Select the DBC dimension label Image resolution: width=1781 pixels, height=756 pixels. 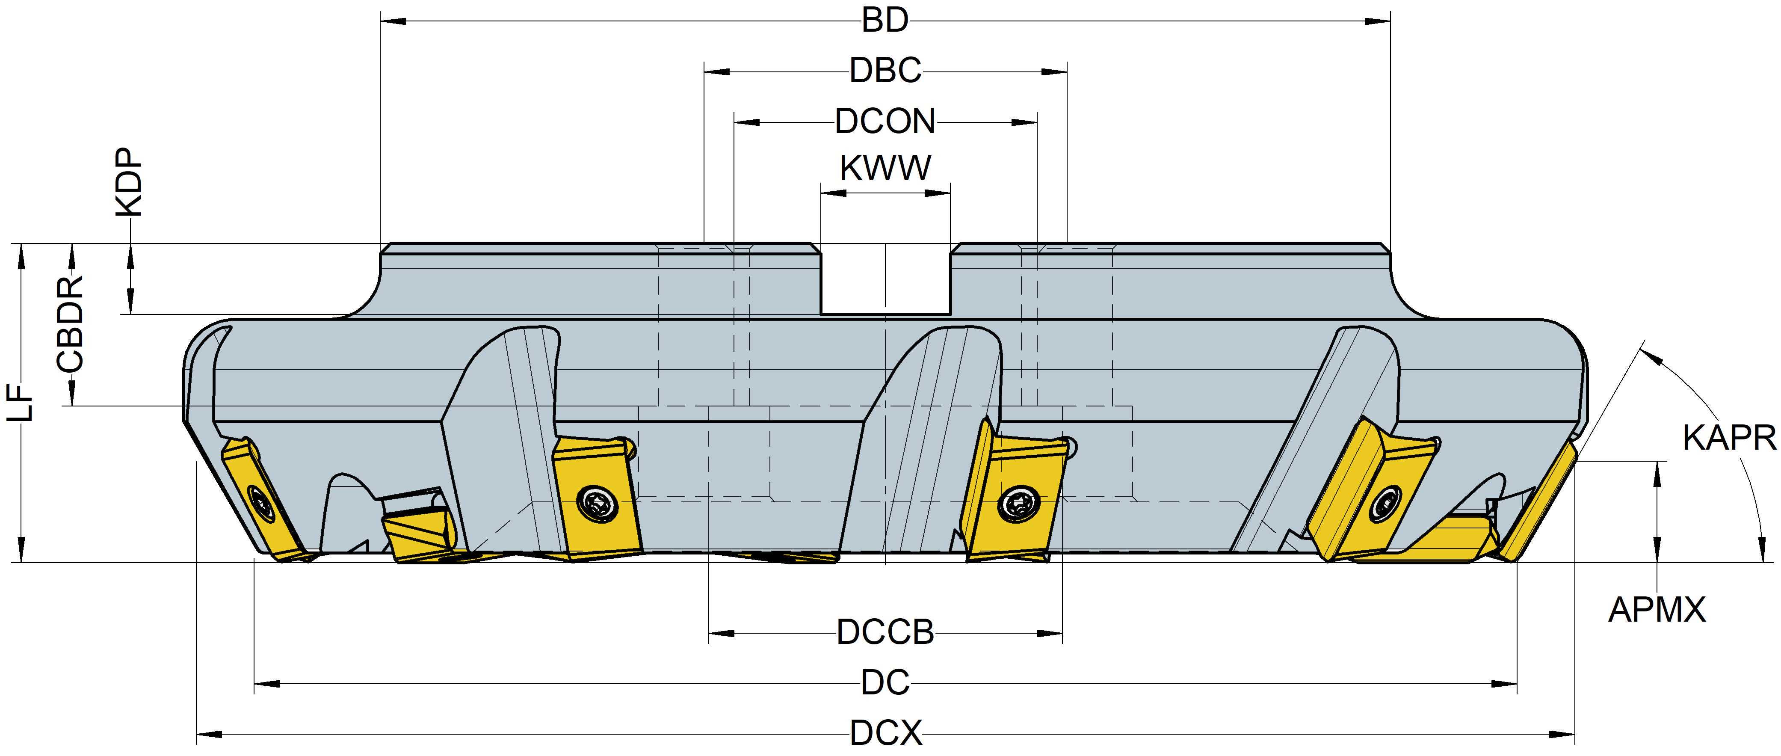(x=885, y=71)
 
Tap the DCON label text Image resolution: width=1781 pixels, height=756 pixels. (x=885, y=122)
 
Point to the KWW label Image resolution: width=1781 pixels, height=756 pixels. (x=885, y=168)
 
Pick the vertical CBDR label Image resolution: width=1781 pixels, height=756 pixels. (x=71, y=324)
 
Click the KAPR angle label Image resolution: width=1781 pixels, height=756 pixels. (x=1728, y=438)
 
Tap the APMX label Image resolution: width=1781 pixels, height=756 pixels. (x=1657, y=610)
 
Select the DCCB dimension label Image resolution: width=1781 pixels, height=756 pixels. (x=885, y=632)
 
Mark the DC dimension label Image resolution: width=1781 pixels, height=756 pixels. (x=885, y=683)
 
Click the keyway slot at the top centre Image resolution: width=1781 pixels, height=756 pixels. (x=885, y=280)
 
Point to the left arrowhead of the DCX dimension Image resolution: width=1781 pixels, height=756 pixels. (x=207, y=733)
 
